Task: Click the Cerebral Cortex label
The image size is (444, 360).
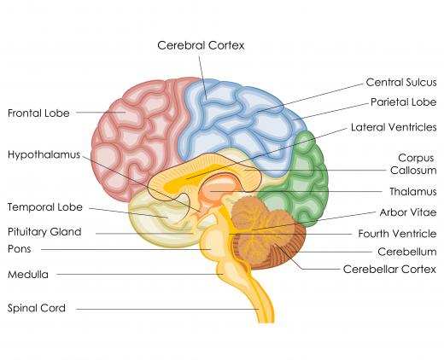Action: point(201,45)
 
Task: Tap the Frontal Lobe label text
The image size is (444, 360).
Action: point(38,113)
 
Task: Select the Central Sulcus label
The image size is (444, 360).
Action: point(401,83)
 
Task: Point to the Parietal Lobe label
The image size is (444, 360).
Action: point(403,102)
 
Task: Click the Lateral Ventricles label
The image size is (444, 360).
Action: point(394,127)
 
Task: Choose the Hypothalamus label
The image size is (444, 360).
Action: point(44,155)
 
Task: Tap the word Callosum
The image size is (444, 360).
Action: point(413,171)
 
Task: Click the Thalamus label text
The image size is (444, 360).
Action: point(413,191)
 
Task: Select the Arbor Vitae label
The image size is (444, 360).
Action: point(408,212)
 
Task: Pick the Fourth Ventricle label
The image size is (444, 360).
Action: point(397,234)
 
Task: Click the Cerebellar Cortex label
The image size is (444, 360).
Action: point(389,269)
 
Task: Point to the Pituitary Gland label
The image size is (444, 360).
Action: point(44,232)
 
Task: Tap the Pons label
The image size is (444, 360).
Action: point(20,249)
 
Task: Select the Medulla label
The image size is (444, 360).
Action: point(28,275)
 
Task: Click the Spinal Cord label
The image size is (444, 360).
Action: point(37,308)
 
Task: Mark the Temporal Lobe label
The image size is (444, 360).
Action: point(45,207)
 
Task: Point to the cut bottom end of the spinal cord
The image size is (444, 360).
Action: point(266,322)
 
